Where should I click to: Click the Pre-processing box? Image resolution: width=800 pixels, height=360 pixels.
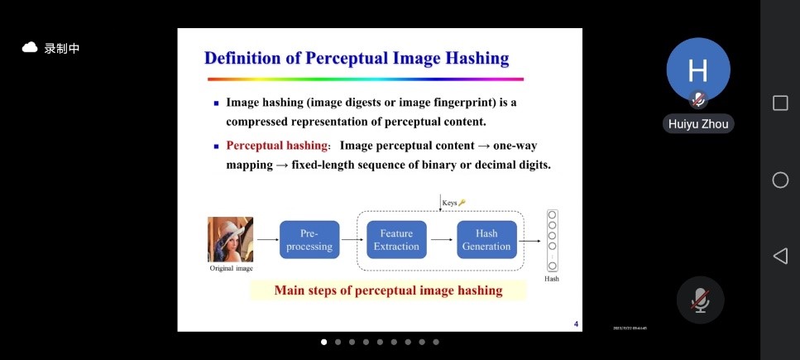pyautogui.click(x=309, y=239)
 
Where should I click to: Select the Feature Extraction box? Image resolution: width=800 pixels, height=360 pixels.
pyautogui.click(x=396, y=239)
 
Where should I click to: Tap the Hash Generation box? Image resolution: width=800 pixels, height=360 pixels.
pyautogui.click(x=486, y=239)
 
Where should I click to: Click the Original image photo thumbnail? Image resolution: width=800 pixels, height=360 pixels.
pyautogui.click(x=230, y=239)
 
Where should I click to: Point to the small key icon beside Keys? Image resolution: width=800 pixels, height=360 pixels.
pyautogui.click(x=462, y=203)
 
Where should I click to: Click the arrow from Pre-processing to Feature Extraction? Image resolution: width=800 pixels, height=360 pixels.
pyautogui.click(x=352, y=239)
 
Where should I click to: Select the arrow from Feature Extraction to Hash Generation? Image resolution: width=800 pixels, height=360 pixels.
pyautogui.click(x=442, y=239)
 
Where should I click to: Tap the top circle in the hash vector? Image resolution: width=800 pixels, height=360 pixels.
pyautogui.click(x=552, y=215)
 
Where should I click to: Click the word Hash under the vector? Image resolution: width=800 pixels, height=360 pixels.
pyautogui.click(x=552, y=279)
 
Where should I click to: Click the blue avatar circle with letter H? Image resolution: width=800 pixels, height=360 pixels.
pyautogui.click(x=698, y=70)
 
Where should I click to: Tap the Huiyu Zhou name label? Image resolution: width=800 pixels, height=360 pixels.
pyautogui.click(x=698, y=124)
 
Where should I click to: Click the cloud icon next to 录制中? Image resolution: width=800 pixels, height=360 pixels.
pyautogui.click(x=30, y=48)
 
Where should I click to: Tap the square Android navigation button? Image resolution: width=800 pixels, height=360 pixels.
pyautogui.click(x=780, y=103)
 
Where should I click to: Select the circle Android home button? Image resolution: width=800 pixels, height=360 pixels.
pyautogui.click(x=780, y=180)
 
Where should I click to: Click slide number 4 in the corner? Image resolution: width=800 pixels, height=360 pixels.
pyautogui.click(x=576, y=324)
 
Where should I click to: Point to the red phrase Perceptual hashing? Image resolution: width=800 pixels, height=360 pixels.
pyautogui.click(x=276, y=146)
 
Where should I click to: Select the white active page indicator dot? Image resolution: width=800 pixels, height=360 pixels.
pyautogui.click(x=323, y=342)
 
